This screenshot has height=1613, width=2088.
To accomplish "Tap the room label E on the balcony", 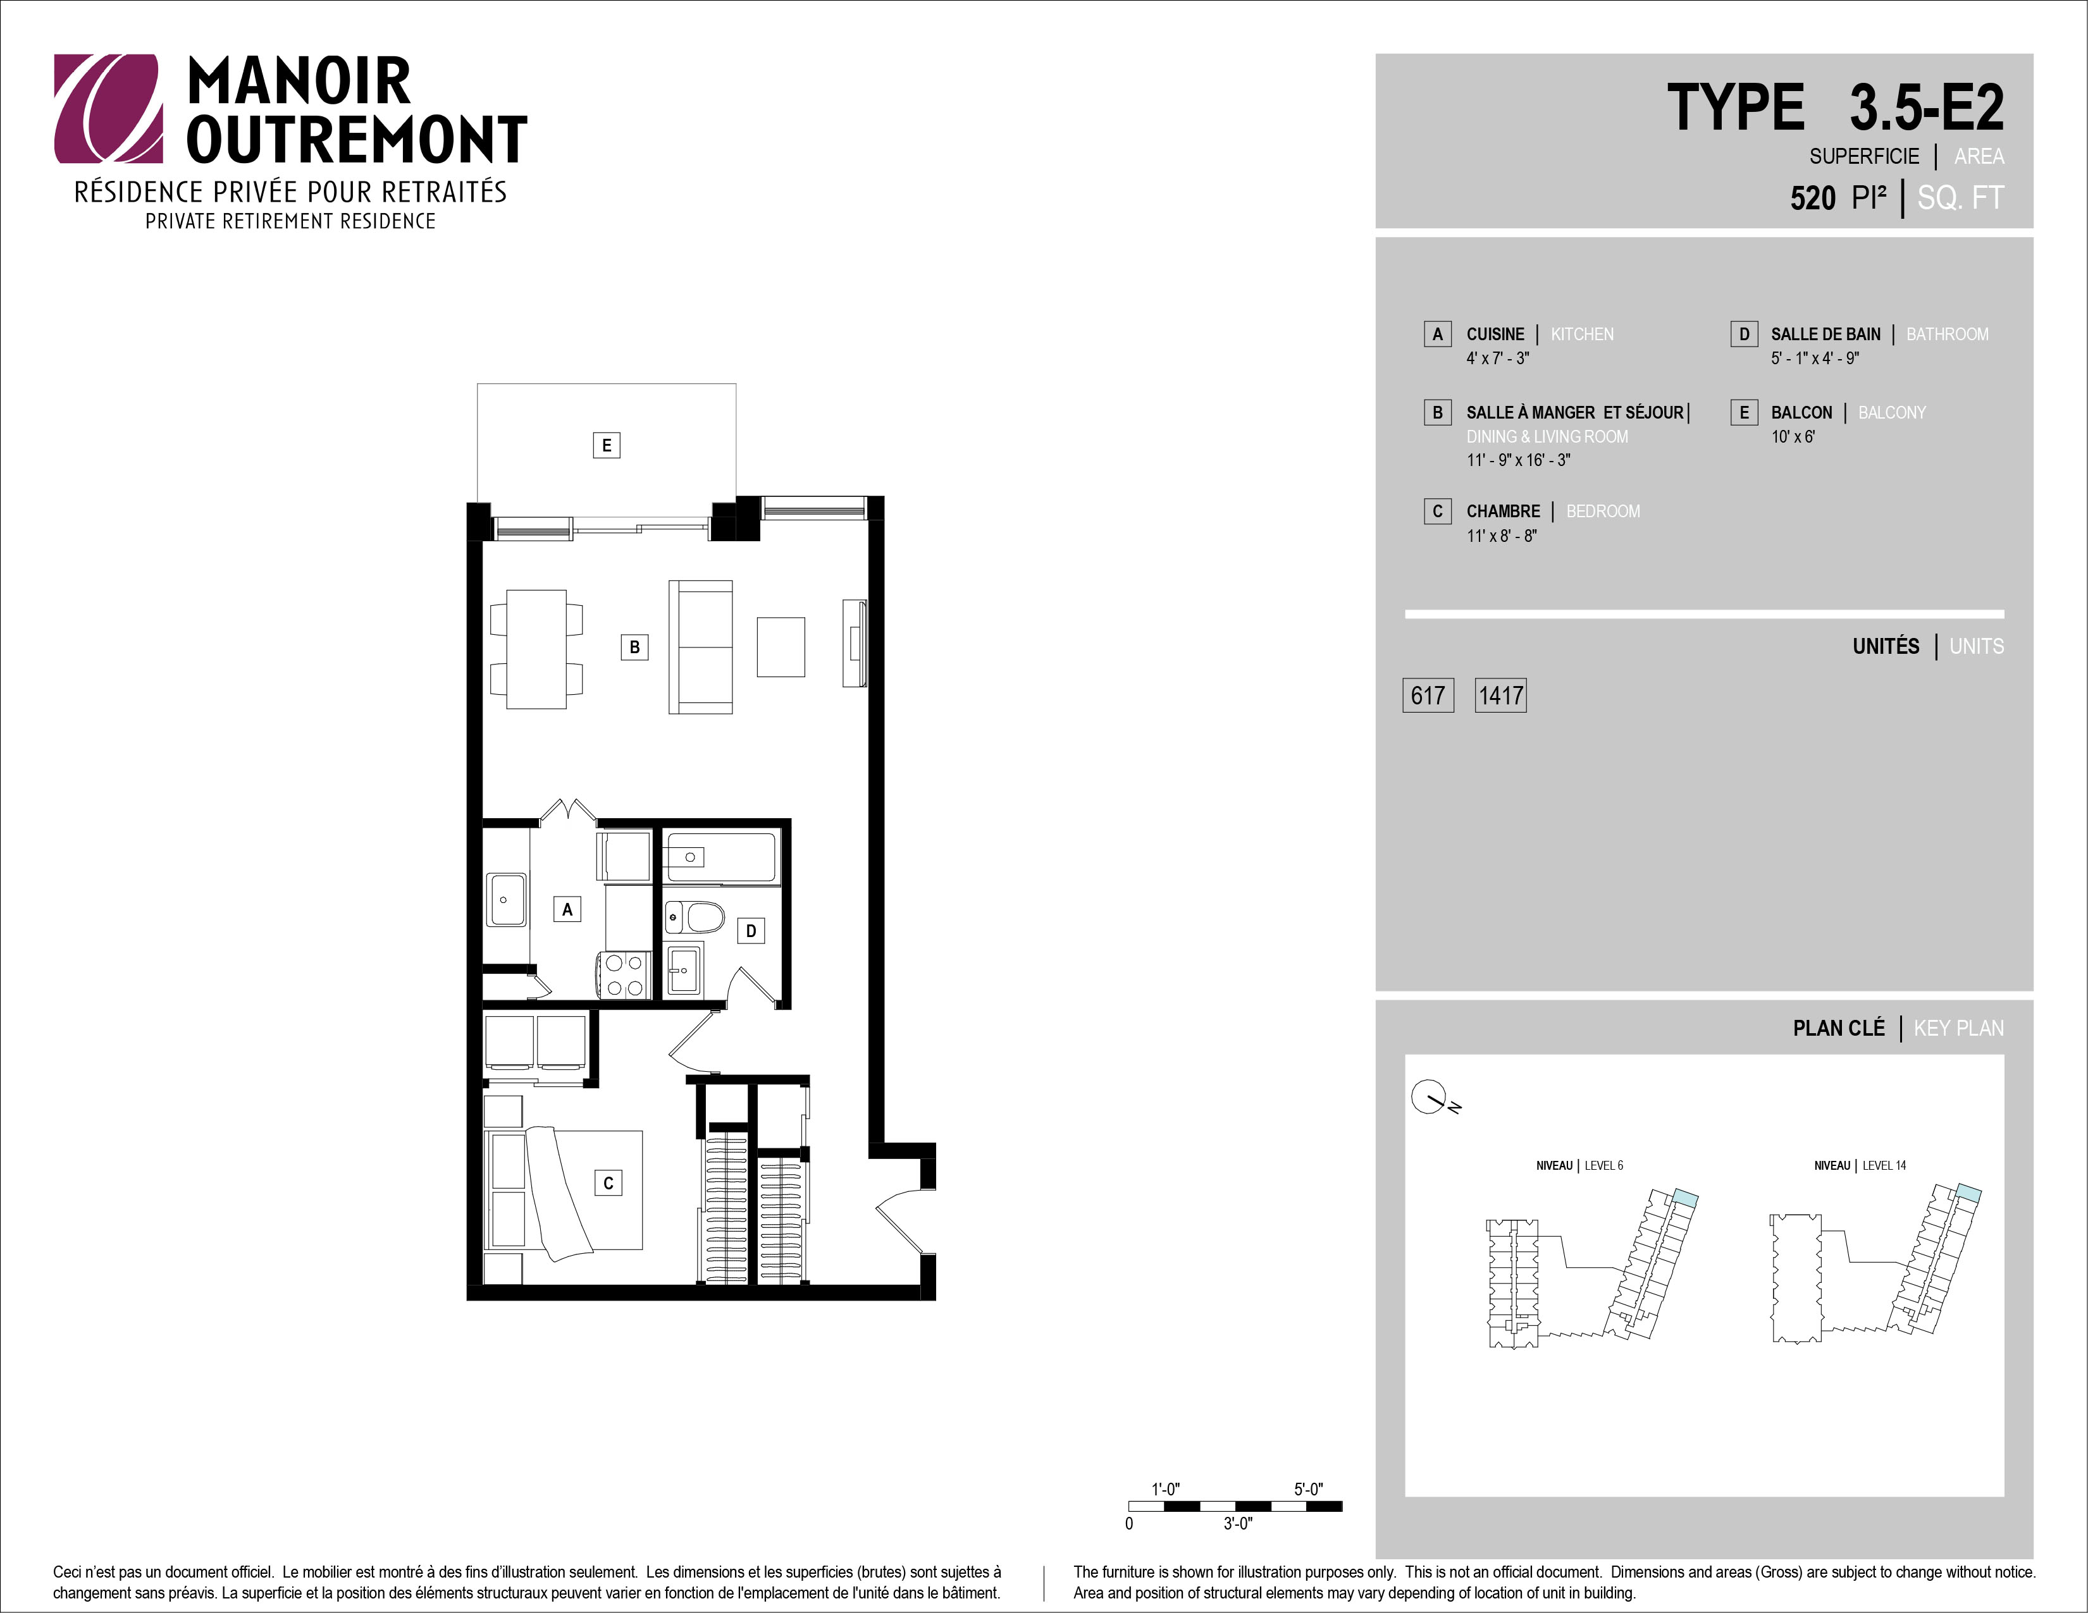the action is [606, 445].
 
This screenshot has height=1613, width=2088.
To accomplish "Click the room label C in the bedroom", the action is [608, 1183].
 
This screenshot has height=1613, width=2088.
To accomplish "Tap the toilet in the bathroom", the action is [695, 917].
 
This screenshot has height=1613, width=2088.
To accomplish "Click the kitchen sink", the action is [506, 899].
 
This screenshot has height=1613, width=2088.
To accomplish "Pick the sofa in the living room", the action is [701, 647].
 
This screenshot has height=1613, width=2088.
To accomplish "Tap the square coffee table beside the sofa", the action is [781, 647].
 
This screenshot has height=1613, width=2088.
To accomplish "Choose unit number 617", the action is [1428, 695].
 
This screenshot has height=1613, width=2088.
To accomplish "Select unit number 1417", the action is [1500, 695].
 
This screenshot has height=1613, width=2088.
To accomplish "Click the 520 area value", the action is [1813, 198].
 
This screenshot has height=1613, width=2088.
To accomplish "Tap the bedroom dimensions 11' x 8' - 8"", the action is [1502, 536].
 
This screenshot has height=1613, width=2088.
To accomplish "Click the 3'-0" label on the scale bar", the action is [1237, 1523].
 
